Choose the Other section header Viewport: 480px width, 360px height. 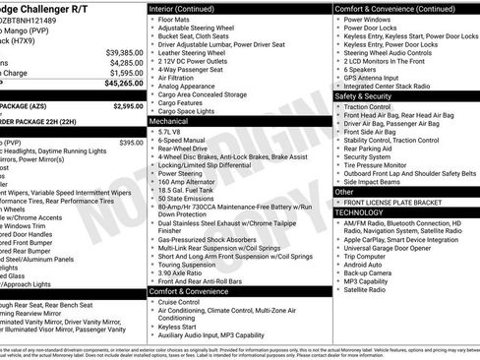(x=345, y=192)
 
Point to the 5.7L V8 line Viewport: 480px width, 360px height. (x=172, y=130)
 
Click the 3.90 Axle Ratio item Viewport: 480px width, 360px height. (x=185, y=271)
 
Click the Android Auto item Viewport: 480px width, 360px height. (x=363, y=264)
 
